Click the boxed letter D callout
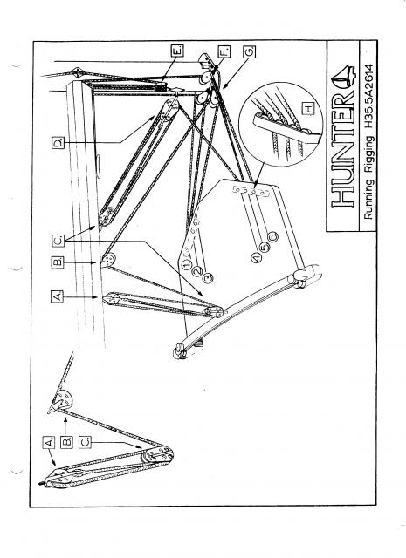coord(58,142)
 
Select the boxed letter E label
coord(178,51)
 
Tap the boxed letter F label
coord(224,51)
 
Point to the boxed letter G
coord(249,51)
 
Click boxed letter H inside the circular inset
coord(308,108)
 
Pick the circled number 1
coord(187,265)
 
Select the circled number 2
coord(197,271)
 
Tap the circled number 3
coord(208,277)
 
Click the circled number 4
coord(256,257)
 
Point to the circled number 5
coord(265,247)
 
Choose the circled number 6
coord(273,236)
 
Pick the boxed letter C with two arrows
coord(58,241)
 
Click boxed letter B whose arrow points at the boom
coord(58,262)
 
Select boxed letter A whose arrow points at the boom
coord(57,296)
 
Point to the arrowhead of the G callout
coord(224,85)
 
